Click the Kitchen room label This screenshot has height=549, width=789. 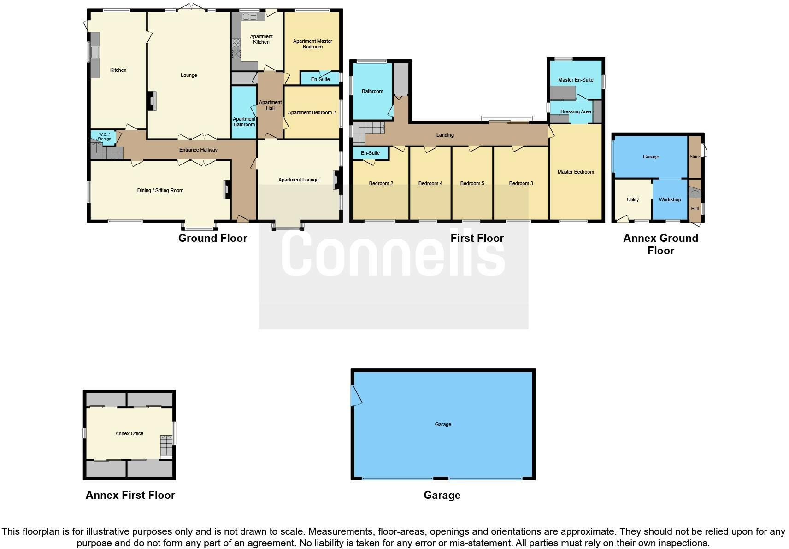(118, 70)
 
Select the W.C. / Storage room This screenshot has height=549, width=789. (104, 137)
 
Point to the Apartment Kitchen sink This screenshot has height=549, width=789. (250, 17)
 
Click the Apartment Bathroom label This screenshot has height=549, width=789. (244, 122)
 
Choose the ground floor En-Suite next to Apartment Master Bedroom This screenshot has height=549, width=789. (320, 79)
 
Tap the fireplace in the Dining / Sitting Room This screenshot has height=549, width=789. (227, 189)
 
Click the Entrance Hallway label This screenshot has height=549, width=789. (198, 150)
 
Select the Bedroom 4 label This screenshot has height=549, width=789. (430, 183)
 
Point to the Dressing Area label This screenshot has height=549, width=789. (576, 111)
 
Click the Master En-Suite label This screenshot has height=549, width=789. (576, 80)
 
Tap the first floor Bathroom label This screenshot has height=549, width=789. (372, 91)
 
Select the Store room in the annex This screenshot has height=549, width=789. (694, 157)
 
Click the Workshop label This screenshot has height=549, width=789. (670, 199)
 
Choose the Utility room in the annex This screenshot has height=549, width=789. (632, 199)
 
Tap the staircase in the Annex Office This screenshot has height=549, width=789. (166, 445)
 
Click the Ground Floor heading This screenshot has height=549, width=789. (212, 238)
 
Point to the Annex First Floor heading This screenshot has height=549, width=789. (130, 495)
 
